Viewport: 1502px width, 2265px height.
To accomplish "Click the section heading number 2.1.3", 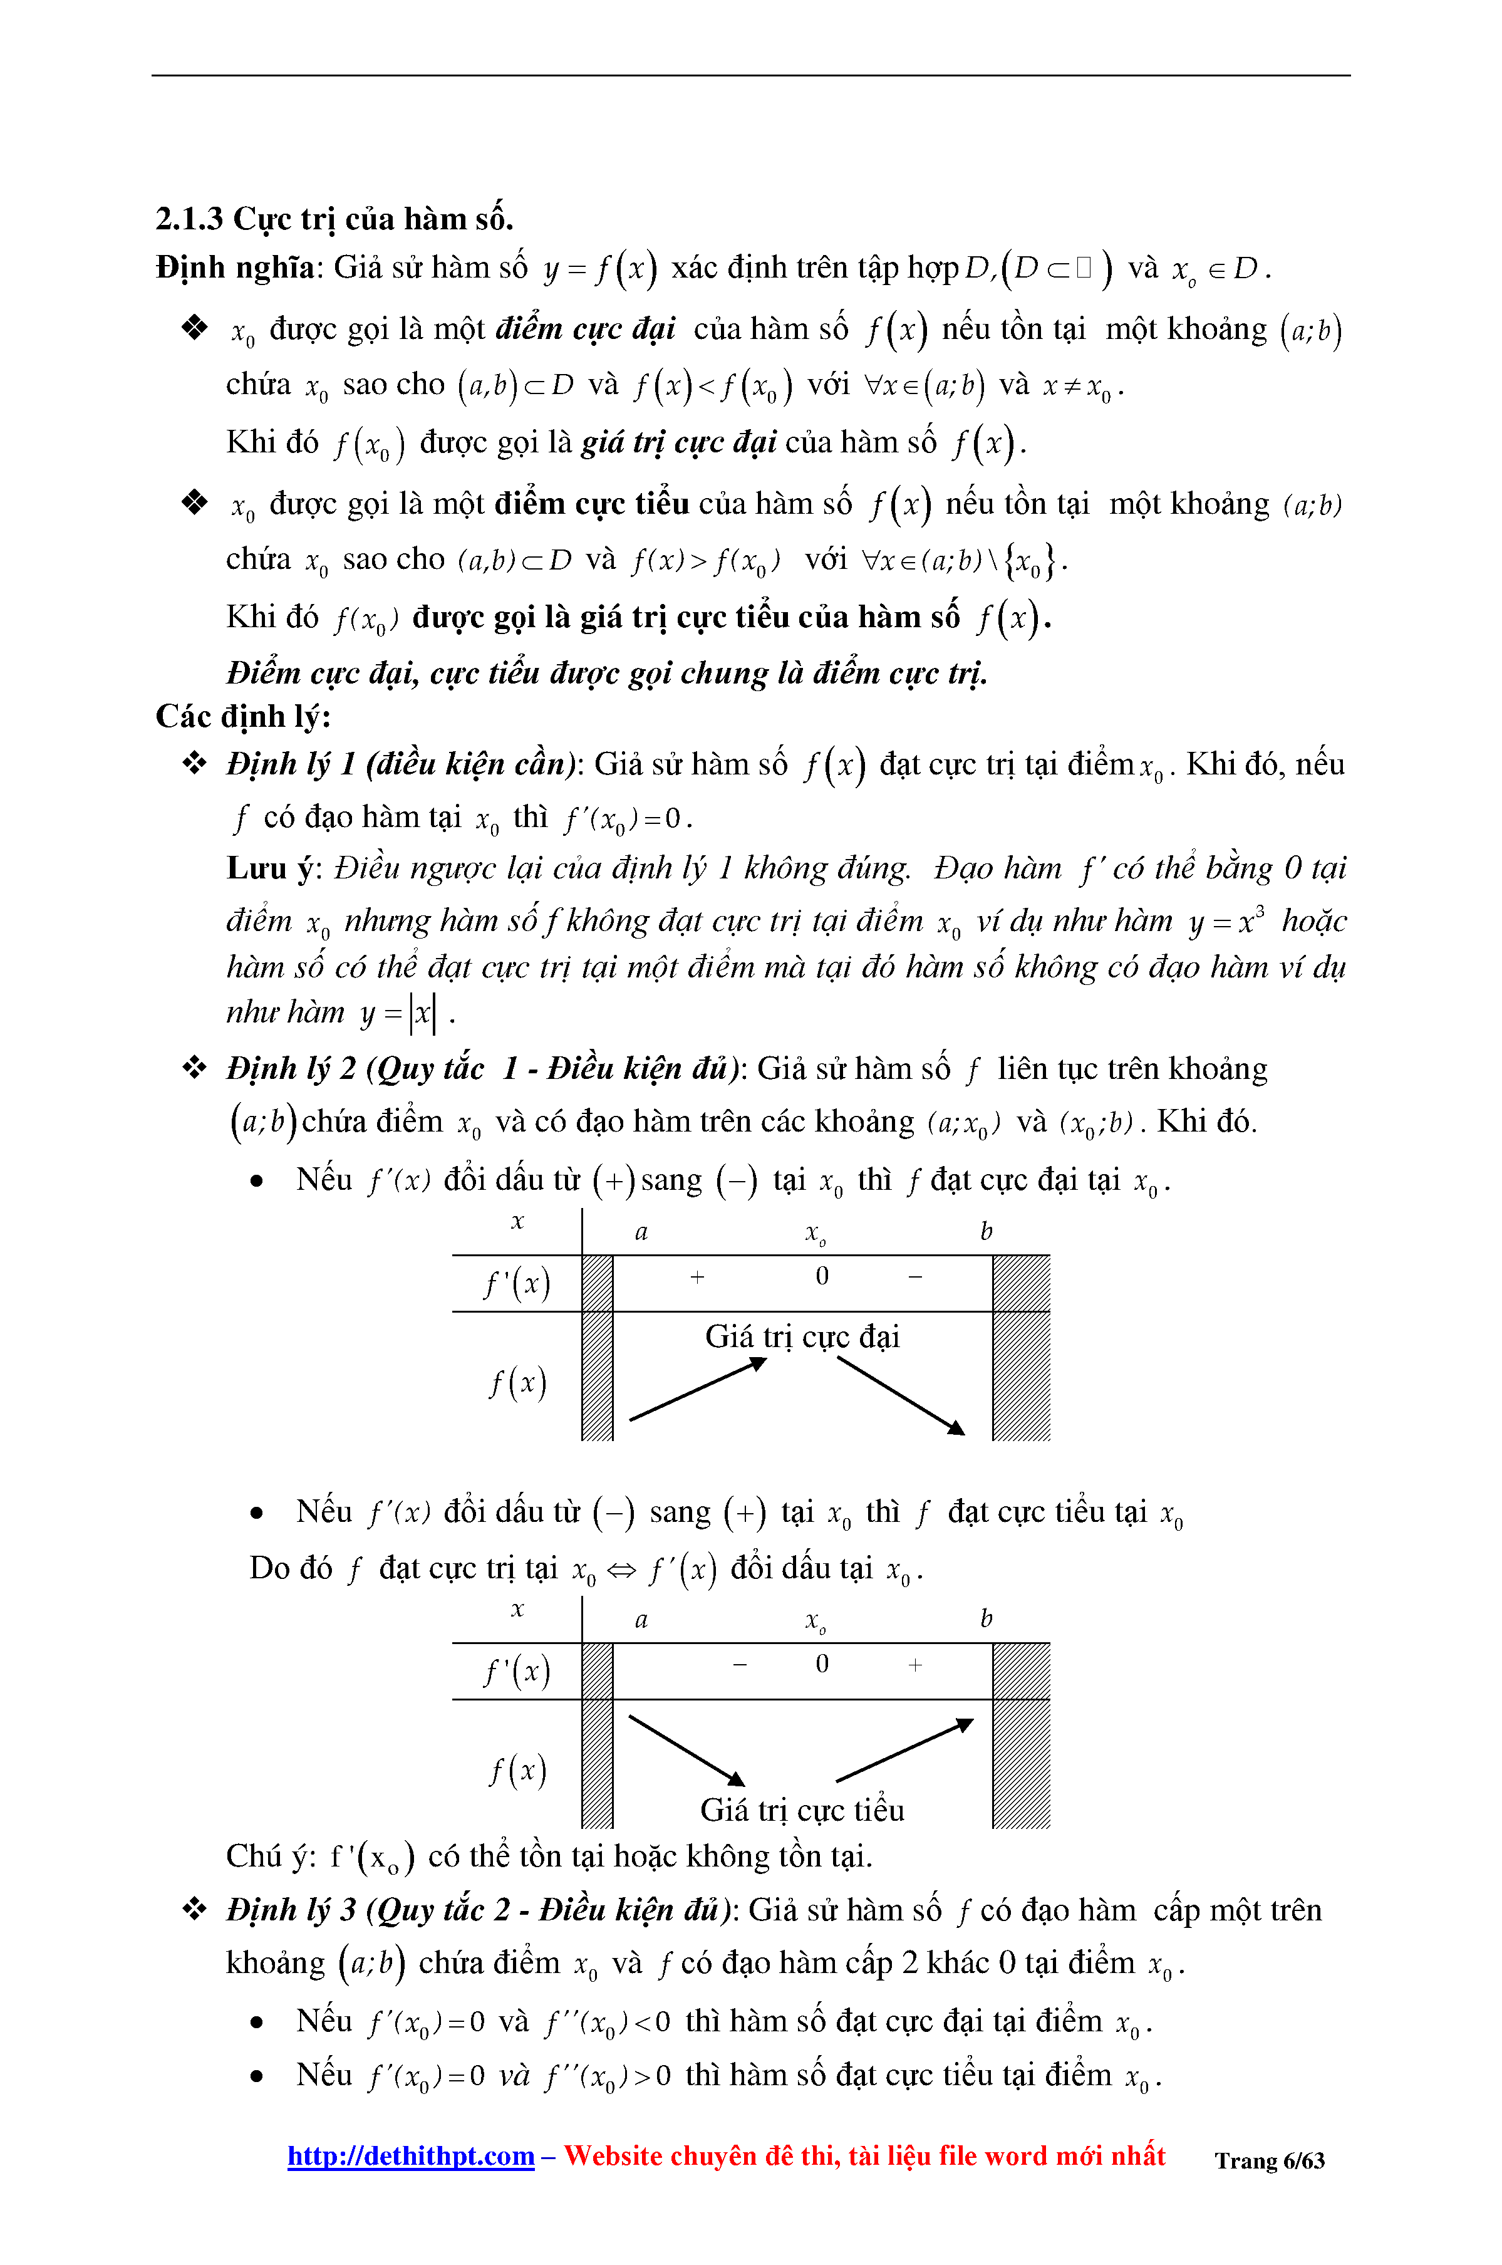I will [189, 219].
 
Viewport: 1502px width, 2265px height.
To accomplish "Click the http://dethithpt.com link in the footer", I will [410, 2156].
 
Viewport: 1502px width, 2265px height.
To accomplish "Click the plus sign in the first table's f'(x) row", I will [697, 1277].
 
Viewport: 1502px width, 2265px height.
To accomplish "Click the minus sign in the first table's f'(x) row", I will [916, 1277].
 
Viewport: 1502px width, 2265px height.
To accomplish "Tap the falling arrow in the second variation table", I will [686, 1751].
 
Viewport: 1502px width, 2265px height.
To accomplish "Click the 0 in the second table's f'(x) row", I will [822, 1664].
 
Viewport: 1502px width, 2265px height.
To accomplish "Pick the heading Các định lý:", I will [242, 717].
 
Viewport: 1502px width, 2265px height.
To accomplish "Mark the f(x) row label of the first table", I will [517, 1383].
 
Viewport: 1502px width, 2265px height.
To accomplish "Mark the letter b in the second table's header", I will [986, 1619].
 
